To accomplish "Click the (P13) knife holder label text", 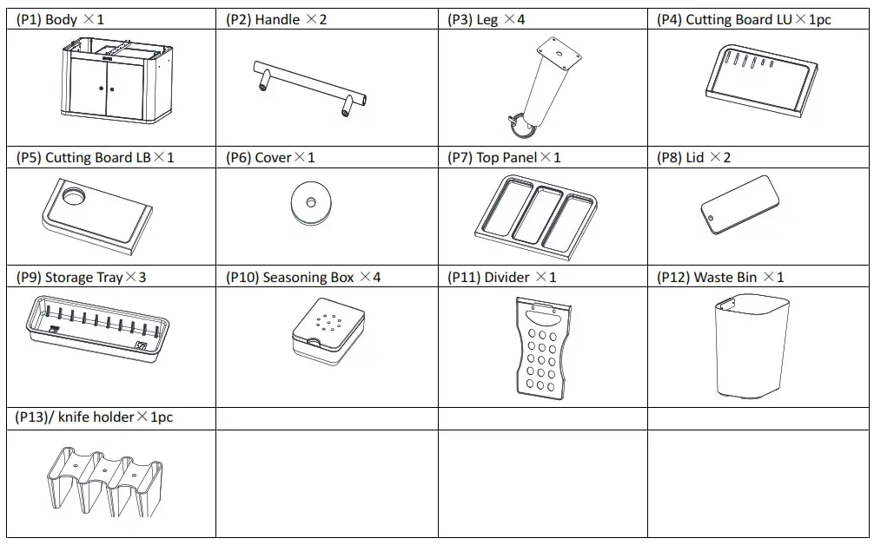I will pos(95,417).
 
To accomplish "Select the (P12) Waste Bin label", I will pos(720,278).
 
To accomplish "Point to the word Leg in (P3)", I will pos(487,19).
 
